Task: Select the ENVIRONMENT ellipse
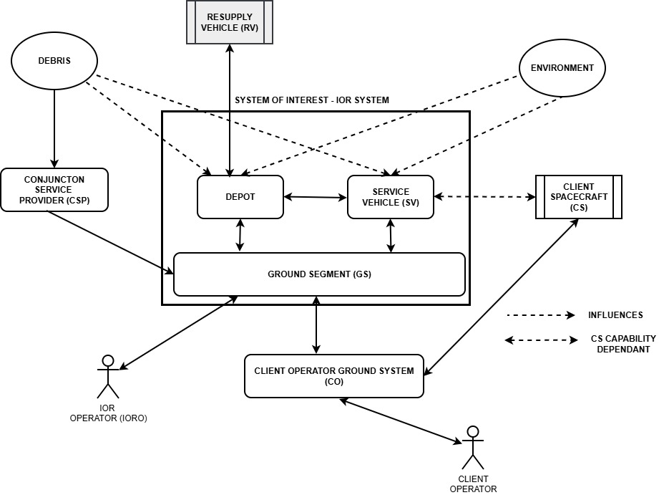(x=562, y=68)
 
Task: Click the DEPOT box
(x=240, y=196)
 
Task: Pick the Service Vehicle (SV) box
(x=391, y=196)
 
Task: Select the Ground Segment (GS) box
(x=319, y=274)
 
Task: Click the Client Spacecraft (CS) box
(x=579, y=197)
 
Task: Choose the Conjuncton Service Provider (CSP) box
(x=54, y=190)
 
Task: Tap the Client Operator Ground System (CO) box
(x=333, y=375)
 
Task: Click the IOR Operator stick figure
(x=108, y=376)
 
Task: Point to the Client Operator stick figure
(x=472, y=448)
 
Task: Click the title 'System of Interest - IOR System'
(x=312, y=100)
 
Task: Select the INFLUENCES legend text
(x=615, y=314)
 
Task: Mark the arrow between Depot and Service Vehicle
(x=315, y=197)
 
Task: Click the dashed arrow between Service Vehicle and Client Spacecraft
(x=484, y=196)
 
